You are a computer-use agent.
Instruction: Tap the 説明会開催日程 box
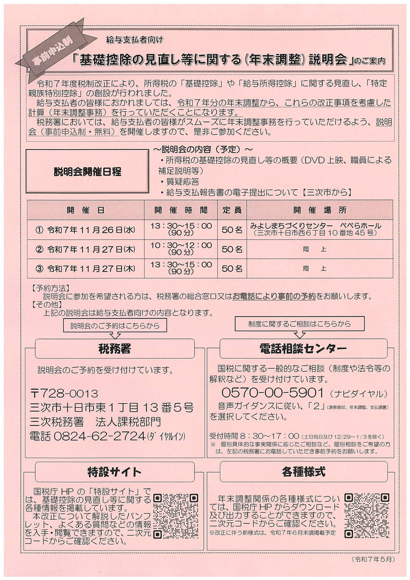tap(87, 172)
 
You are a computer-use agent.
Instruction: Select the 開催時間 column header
tap(181, 210)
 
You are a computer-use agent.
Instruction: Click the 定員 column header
tap(232, 210)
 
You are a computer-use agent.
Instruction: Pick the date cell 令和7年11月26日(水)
tap(86, 230)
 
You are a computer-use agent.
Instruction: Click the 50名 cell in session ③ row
tap(232, 268)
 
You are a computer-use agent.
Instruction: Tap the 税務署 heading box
tap(115, 349)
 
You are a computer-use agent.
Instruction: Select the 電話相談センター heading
tap(303, 349)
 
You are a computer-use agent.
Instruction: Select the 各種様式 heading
tap(303, 471)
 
